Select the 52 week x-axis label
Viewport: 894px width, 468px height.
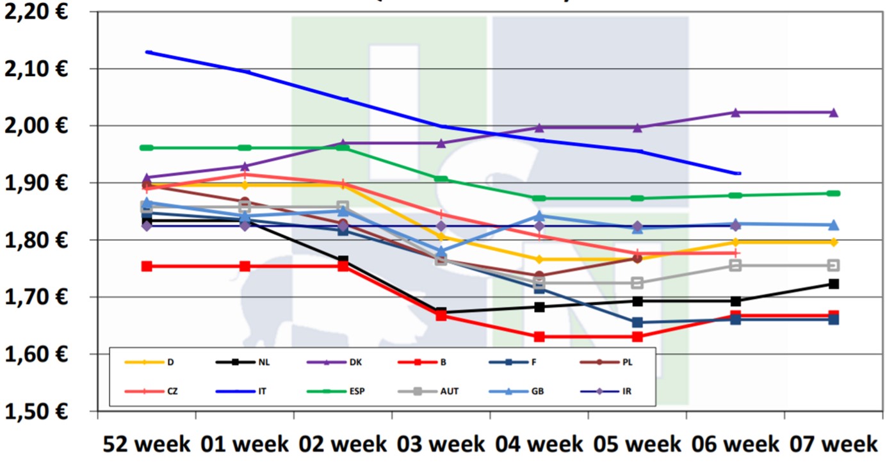(147, 444)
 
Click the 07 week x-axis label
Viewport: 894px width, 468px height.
(833, 444)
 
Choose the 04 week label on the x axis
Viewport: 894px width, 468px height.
(539, 444)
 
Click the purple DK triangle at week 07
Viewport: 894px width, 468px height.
(834, 113)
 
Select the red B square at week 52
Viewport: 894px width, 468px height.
(147, 266)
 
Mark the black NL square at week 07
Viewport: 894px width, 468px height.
(834, 284)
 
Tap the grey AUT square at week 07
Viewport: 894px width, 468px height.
(834, 265)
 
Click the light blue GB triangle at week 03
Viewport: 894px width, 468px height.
(441, 252)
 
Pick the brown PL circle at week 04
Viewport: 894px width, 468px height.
(539, 276)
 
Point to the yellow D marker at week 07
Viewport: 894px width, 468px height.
(834, 242)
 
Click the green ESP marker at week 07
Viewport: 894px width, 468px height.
(834, 193)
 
